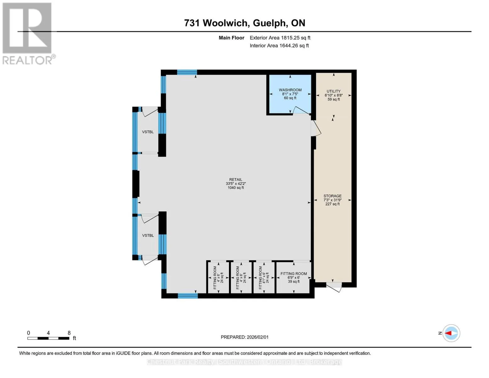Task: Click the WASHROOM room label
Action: click(290, 90)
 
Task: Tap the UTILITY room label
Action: click(333, 91)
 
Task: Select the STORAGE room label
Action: click(333, 196)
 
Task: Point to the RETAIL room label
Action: click(236, 180)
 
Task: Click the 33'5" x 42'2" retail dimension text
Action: click(236, 183)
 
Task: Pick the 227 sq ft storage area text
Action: click(333, 204)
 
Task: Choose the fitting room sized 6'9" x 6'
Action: click(294, 278)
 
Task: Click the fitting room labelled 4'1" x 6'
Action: click(264, 278)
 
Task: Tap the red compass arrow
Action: click(448, 333)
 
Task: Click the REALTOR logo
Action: click(28, 34)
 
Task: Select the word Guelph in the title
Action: click(270, 23)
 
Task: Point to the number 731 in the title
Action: click(192, 23)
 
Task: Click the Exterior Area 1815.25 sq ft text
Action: click(280, 38)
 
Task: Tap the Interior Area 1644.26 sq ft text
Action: click(279, 46)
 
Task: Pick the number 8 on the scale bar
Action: click(69, 333)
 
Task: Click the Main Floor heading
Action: click(231, 38)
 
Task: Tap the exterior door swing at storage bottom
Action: click(334, 287)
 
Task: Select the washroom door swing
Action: click(302, 110)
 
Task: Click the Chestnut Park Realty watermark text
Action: click(244, 362)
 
